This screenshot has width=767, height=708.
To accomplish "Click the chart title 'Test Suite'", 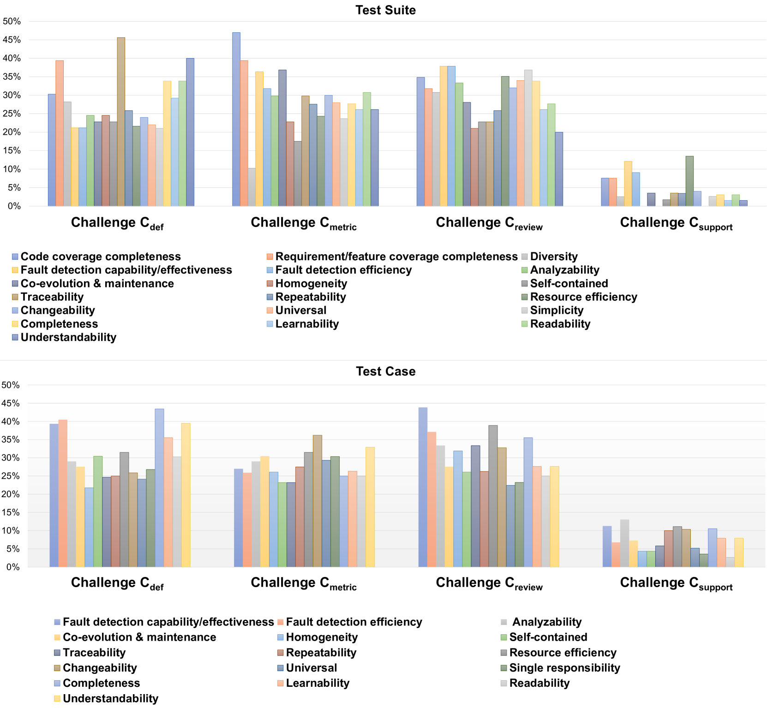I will pos(385,10).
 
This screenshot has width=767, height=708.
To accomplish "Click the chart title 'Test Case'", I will pos(385,371).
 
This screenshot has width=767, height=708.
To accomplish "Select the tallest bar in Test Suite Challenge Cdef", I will pos(121,122).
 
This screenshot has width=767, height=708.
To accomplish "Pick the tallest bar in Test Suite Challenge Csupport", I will pos(689,181).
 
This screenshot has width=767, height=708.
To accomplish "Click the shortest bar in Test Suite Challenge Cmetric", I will pos(252,187).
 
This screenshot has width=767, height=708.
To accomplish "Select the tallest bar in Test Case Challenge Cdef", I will pos(159,488).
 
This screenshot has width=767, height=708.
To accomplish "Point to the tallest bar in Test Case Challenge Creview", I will pos(423,487).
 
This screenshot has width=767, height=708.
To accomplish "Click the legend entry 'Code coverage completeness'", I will pos(101,256).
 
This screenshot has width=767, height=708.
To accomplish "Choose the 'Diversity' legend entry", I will pos(554,256).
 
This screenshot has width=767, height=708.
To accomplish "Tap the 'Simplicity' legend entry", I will pos(557,310).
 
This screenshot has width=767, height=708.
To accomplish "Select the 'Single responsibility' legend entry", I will pos(564,668).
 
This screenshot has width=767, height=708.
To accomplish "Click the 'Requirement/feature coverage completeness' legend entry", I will pos(396,256).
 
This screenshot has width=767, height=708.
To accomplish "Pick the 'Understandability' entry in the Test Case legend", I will pos(110,698).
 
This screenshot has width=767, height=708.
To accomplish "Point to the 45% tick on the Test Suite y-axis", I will pos(12,40).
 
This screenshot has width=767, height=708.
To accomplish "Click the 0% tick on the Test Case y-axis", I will pos(13,567).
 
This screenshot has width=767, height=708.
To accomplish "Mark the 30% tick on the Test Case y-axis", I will pos(11,458).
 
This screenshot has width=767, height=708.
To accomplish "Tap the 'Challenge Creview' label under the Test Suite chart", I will pos(489,223).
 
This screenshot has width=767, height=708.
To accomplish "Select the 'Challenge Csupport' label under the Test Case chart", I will pos(676,583).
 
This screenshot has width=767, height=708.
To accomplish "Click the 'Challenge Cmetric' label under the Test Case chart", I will pos(304,583).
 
